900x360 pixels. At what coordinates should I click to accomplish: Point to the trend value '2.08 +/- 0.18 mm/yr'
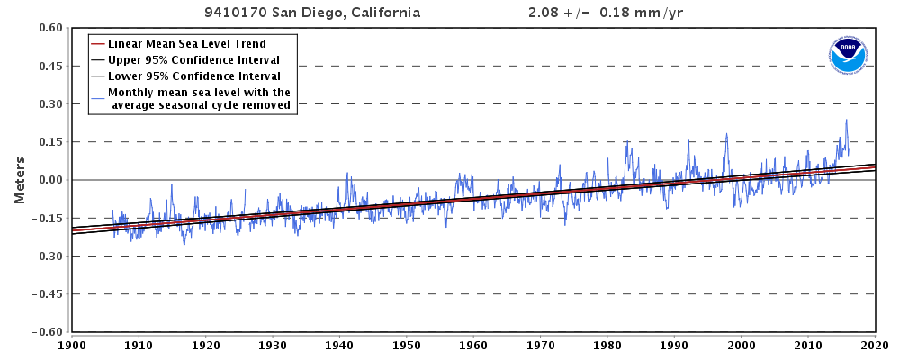pyautogui.click(x=611, y=13)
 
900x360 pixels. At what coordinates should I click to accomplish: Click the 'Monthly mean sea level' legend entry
pyautogui.click(x=199, y=98)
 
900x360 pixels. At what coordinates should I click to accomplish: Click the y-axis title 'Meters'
pyautogui.click(x=19, y=180)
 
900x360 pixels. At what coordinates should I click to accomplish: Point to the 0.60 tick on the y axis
pyautogui.click(x=49, y=29)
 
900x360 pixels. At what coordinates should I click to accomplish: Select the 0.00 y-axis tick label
pyautogui.click(x=49, y=180)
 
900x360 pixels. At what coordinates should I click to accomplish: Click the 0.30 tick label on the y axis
pyautogui.click(x=49, y=104)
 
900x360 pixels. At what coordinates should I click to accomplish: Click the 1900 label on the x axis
pyautogui.click(x=72, y=345)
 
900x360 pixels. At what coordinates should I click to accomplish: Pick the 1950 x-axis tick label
pyautogui.click(x=407, y=345)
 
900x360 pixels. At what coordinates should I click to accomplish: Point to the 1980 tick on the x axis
pyautogui.click(x=607, y=345)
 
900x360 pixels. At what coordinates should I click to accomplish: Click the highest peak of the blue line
pyautogui.click(x=846, y=120)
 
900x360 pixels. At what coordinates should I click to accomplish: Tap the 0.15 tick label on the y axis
pyautogui.click(x=49, y=142)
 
